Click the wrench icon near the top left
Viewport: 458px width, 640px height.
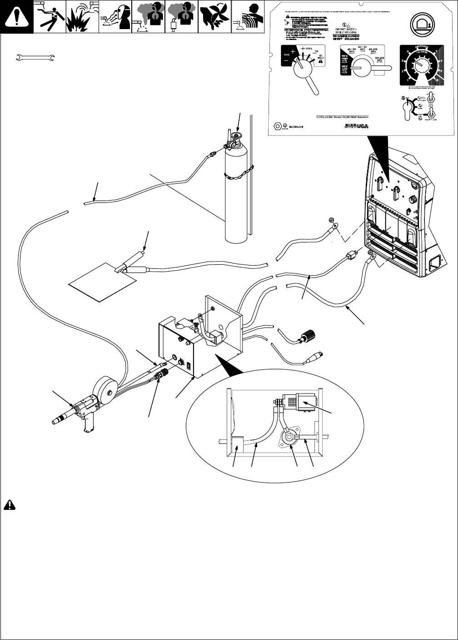(35, 58)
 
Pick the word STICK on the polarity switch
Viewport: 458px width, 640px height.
(309, 48)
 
